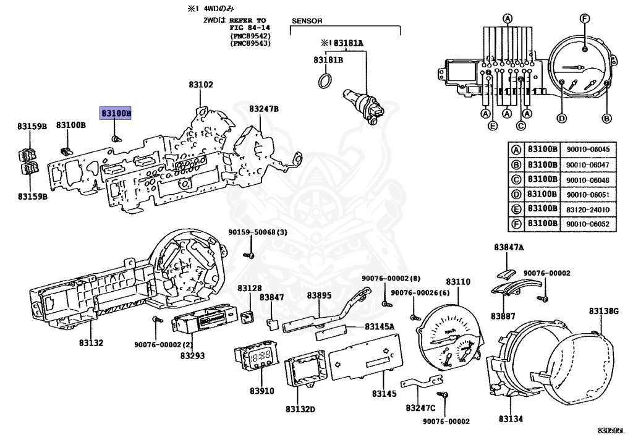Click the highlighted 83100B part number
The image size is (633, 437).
pos(116,113)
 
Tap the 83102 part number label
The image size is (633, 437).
pos(201,85)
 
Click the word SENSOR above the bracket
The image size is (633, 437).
pos(307,20)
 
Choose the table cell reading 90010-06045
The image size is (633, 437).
pos(588,150)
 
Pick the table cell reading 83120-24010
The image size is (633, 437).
pos(588,210)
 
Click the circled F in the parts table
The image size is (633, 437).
pos(516,224)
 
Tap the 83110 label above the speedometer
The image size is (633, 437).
pos(458,282)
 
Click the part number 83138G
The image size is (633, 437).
pos(603,311)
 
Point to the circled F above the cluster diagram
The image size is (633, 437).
pos(585,18)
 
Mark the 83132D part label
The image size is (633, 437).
pos(300,409)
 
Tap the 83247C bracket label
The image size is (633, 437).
pos(420,408)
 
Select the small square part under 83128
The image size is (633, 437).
pos(246,316)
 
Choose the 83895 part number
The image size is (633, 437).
pos(319,295)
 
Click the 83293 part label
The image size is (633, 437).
pos(193,355)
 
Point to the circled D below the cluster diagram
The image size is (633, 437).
pos(561,118)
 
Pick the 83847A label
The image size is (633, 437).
pos(509,247)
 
